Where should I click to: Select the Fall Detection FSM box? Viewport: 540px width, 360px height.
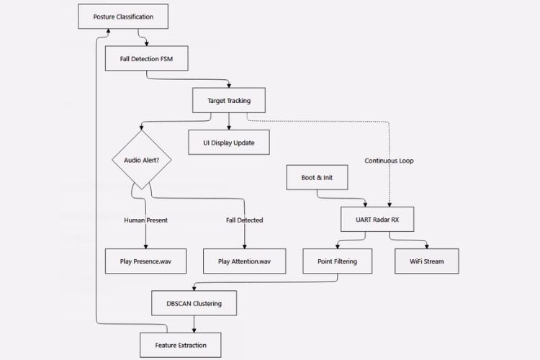pyautogui.click(x=146, y=58)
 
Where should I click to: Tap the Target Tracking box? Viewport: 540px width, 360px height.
pyautogui.click(x=229, y=100)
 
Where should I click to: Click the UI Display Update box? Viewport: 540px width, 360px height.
pyautogui.click(x=229, y=142)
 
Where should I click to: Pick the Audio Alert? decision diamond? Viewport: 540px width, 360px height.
pyautogui.click(x=141, y=160)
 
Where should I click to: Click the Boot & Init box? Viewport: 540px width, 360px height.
pyautogui.click(x=317, y=176)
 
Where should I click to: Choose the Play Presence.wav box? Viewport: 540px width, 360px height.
pyautogui.click(x=146, y=261)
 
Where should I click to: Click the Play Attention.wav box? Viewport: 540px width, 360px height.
pyautogui.click(x=245, y=261)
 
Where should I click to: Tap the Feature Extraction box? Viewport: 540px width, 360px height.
pyautogui.click(x=181, y=345)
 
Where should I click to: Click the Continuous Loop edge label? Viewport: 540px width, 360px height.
pyautogui.click(x=389, y=161)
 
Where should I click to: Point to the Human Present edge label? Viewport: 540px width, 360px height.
pyautogui.click(x=146, y=220)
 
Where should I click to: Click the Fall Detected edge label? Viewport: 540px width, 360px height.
pyautogui.click(x=245, y=220)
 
